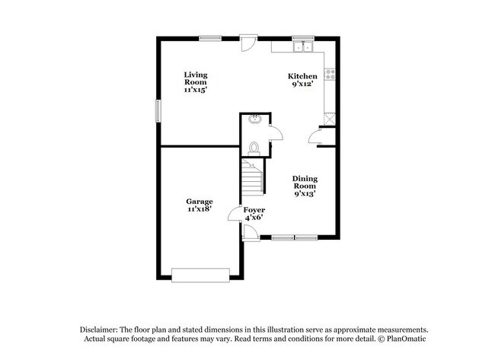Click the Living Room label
pyautogui.click(x=196, y=78)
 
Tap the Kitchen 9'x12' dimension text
pyautogui.click(x=302, y=84)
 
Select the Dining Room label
pyautogui.click(x=305, y=183)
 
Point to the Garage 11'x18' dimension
pyautogui.click(x=200, y=209)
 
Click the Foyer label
pyautogui.click(x=254, y=210)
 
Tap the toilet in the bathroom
pyautogui.click(x=254, y=148)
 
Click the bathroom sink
pyautogui.click(x=254, y=119)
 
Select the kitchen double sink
pyautogui.click(x=303, y=46)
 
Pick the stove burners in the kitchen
pyautogui.click(x=330, y=75)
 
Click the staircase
pyautogui.click(x=252, y=177)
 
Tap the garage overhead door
pyautogui.click(x=200, y=275)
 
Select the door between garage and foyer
pyautogui.click(x=235, y=214)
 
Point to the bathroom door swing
pyautogui.click(x=276, y=133)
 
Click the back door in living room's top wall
pyautogui.click(x=248, y=43)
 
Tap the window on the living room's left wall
pyautogui.click(x=158, y=111)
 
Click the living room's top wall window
pyautogui.click(x=210, y=38)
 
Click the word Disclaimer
pyautogui.click(x=99, y=330)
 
